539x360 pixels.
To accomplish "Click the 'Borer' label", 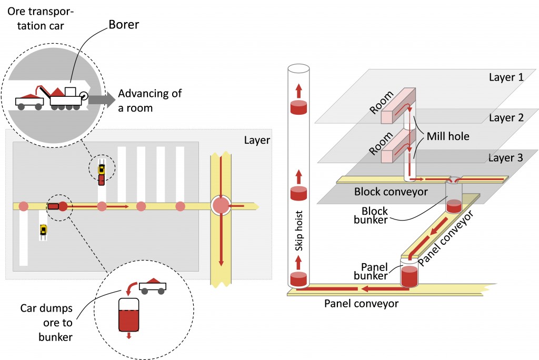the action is click(124, 25).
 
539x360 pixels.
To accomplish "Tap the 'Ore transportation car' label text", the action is click(41, 18).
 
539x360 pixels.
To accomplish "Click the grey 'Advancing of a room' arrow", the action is click(102, 99).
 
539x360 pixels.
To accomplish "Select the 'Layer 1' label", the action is click(506, 77).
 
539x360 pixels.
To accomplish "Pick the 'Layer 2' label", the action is click(506, 118).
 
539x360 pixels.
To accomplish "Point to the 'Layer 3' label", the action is click(506, 158).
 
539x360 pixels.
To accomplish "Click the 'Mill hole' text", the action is click(448, 136).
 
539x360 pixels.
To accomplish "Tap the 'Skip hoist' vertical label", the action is click(299, 231).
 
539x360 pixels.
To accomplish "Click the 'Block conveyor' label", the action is click(391, 192).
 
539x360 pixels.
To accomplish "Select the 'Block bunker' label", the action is click(371, 215).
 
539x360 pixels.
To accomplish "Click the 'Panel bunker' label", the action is click(371, 271).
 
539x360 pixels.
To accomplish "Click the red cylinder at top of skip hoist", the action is click(299, 107).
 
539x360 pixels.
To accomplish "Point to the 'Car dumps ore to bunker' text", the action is click(46, 323).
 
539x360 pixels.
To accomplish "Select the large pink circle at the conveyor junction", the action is click(221, 206).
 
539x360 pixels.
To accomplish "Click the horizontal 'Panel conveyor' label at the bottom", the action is click(361, 304).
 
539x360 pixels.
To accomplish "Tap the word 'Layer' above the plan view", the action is click(257, 141).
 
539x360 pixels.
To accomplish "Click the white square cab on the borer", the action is click(70, 92).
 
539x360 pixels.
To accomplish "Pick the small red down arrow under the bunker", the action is click(129, 335).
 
